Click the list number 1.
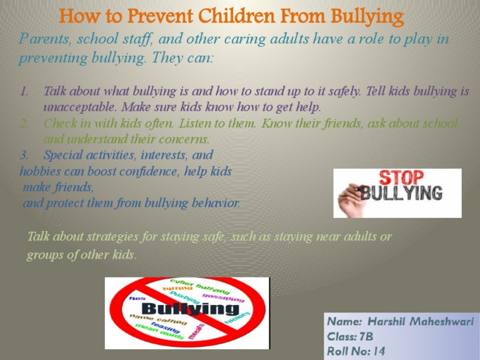point(25,91)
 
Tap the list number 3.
point(25,154)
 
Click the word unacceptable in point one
point(76,107)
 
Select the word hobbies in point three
point(39,171)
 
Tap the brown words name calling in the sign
point(158,320)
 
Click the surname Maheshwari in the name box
point(444,322)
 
